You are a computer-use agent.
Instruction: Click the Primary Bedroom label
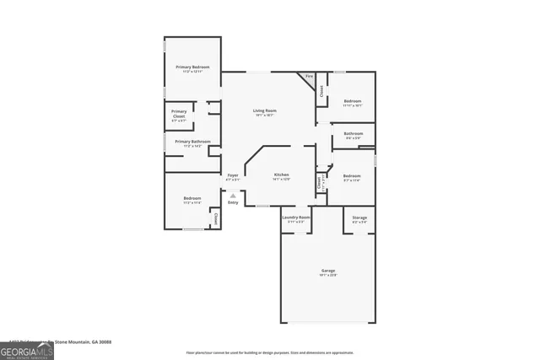(192, 67)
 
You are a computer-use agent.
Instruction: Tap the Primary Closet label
(179, 114)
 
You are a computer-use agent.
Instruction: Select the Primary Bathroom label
(192, 142)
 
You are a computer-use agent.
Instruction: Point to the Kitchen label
(281, 175)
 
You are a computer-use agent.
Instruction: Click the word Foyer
(232, 175)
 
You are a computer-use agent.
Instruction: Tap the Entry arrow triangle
(233, 195)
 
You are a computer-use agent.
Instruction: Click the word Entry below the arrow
(233, 202)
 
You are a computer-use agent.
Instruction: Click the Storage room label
(359, 218)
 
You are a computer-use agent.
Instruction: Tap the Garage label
(327, 271)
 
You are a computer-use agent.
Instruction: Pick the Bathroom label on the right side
(353, 133)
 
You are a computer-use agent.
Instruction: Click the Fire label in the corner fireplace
(309, 77)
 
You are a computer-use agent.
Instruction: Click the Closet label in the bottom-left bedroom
(215, 218)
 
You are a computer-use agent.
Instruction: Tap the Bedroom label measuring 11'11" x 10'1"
(352, 101)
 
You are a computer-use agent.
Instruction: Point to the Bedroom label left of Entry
(192, 198)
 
